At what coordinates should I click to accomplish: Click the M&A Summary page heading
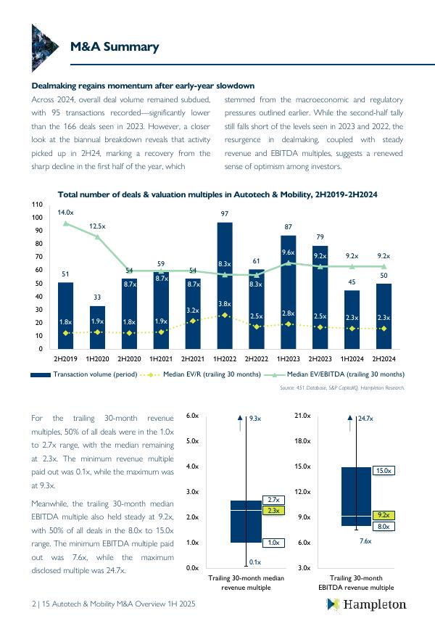pos(114,47)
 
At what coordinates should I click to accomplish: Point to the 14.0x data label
pos(65,212)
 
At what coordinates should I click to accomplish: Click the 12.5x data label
pos(97,226)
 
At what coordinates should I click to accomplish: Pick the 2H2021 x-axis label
pos(193,359)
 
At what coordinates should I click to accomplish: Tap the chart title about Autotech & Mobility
pos(217,195)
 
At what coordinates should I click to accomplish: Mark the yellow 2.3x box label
pos(273,511)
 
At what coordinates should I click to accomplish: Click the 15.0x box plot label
pos(384,471)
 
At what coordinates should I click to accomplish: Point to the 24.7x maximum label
pos(365,418)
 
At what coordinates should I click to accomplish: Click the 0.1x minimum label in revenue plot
pos(254,562)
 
